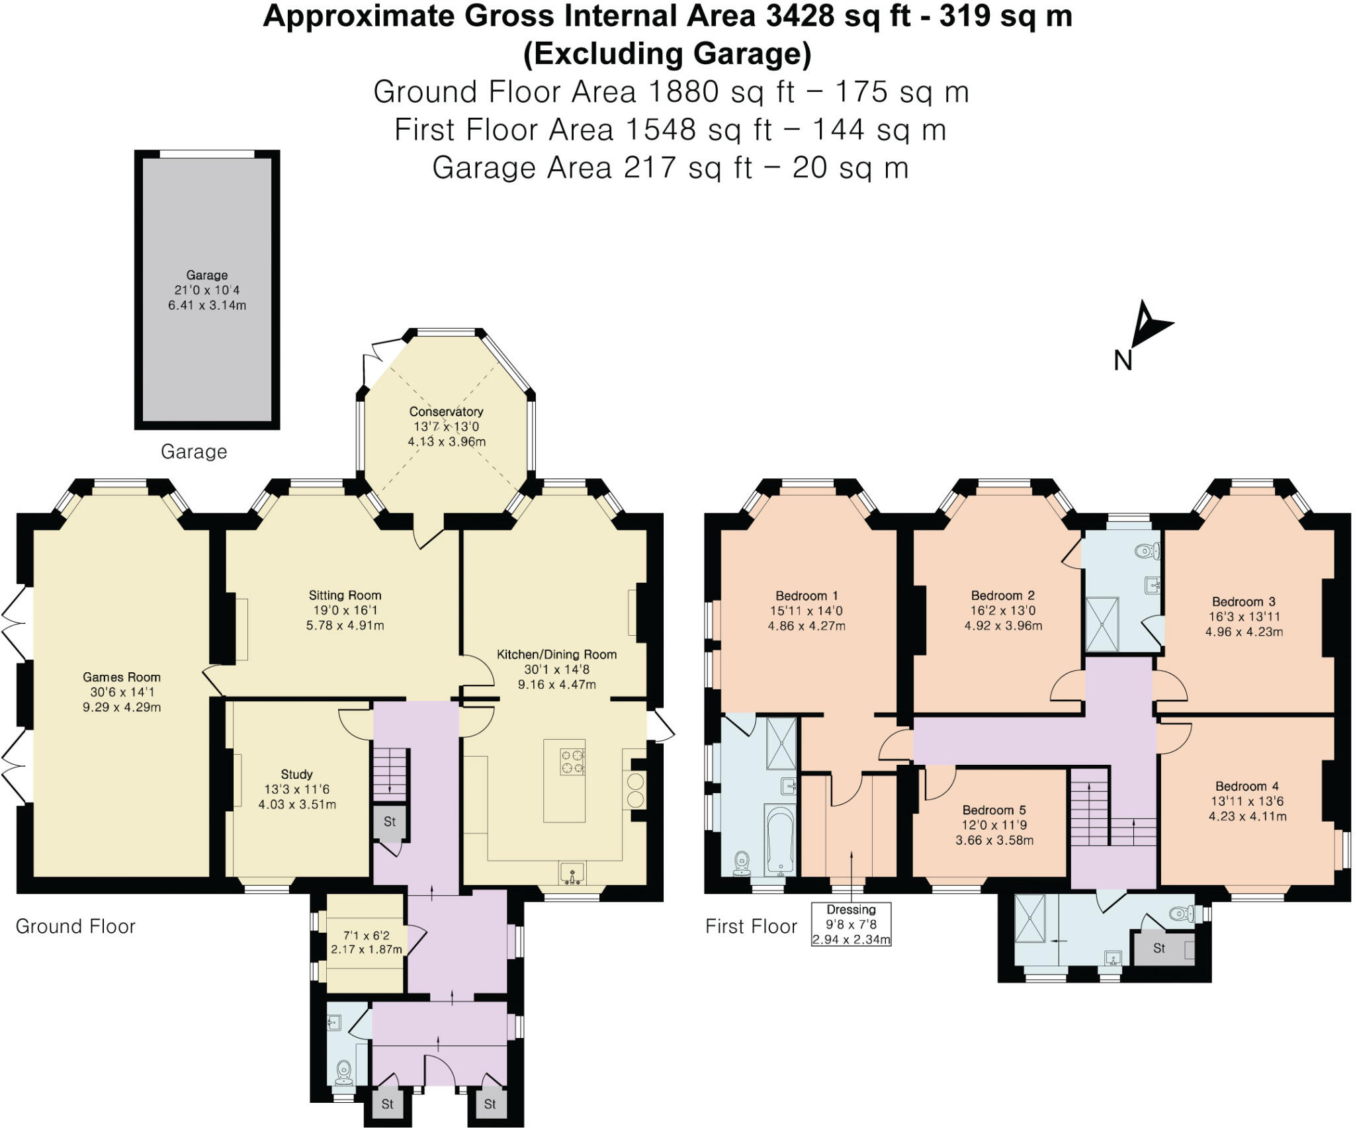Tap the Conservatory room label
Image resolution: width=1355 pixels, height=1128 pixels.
pyautogui.click(x=446, y=412)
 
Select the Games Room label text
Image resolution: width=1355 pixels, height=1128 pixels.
pyautogui.click(x=122, y=677)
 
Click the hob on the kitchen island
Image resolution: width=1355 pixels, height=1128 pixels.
pyautogui.click(x=572, y=761)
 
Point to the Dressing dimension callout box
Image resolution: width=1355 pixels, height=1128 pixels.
pyautogui.click(x=851, y=924)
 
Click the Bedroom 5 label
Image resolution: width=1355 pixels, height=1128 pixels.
pyautogui.click(x=994, y=810)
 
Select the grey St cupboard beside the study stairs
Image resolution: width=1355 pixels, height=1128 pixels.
pyautogui.click(x=389, y=822)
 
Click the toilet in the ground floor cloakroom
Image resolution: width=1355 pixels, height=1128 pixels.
pyautogui.click(x=344, y=1071)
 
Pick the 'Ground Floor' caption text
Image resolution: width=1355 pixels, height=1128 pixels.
pyautogui.click(x=75, y=926)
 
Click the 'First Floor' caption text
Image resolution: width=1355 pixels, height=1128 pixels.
pyautogui.click(x=751, y=926)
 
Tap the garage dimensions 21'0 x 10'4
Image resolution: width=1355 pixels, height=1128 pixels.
pyautogui.click(x=207, y=290)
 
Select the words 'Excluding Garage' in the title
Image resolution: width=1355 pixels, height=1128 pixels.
pyautogui.click(x=667, y=54)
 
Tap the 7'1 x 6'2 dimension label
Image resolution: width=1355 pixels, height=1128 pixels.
pyautogui.click(x=366, y=935)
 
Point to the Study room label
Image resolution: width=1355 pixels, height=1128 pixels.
pyautogui.click(x=296, y=774)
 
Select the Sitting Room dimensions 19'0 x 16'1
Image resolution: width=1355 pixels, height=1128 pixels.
pyautogui.click(x=345, y=610)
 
